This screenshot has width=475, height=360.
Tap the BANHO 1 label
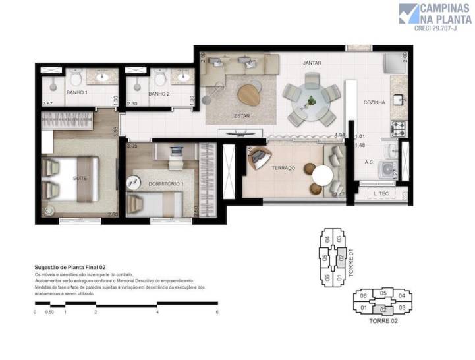[76, 94]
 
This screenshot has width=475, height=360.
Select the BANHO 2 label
[159, 94]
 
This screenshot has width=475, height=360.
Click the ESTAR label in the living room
[242, 116]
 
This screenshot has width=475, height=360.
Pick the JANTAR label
[312, 63]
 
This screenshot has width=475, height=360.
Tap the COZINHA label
[374, 102]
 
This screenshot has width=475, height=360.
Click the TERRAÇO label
[283, 169]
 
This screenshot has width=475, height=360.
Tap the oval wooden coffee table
[249, 94]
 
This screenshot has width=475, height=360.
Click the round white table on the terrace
[323, 176]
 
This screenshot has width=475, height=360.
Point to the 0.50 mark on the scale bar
[49, 311]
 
